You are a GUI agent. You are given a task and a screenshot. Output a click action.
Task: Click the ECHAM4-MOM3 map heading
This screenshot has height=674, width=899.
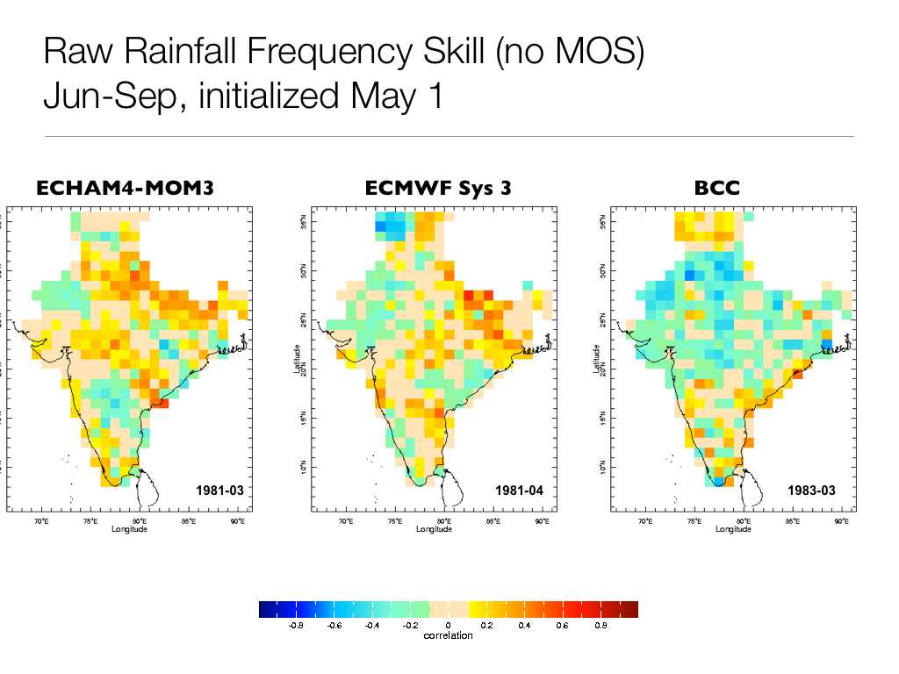(x=124, y=188)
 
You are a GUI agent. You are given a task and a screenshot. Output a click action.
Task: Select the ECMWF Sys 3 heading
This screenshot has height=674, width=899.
(x=438, y=188)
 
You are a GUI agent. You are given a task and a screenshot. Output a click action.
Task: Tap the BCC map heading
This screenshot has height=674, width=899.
(x=716, y=188)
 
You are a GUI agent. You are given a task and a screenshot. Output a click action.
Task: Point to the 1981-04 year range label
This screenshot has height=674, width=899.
(x=520, y=491)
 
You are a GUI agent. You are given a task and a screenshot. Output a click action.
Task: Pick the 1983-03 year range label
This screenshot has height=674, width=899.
(x=811, y=491)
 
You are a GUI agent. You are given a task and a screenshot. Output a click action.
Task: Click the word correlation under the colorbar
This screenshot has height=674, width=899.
(x=448, y=635)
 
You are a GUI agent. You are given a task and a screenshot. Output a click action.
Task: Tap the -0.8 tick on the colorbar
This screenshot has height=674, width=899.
(x=296, y=626)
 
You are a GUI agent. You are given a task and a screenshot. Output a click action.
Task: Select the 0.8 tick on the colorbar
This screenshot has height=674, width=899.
(x=601, y=626)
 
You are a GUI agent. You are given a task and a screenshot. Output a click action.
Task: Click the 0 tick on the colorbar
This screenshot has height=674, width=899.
(x=449, y=626)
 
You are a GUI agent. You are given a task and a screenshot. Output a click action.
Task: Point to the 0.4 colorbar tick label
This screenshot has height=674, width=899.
(x=524, y=626)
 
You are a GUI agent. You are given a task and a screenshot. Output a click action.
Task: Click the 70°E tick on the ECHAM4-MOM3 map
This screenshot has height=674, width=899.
(x=40, y=521)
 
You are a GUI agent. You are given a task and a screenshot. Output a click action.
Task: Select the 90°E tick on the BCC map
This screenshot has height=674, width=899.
(x=841, y=521)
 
